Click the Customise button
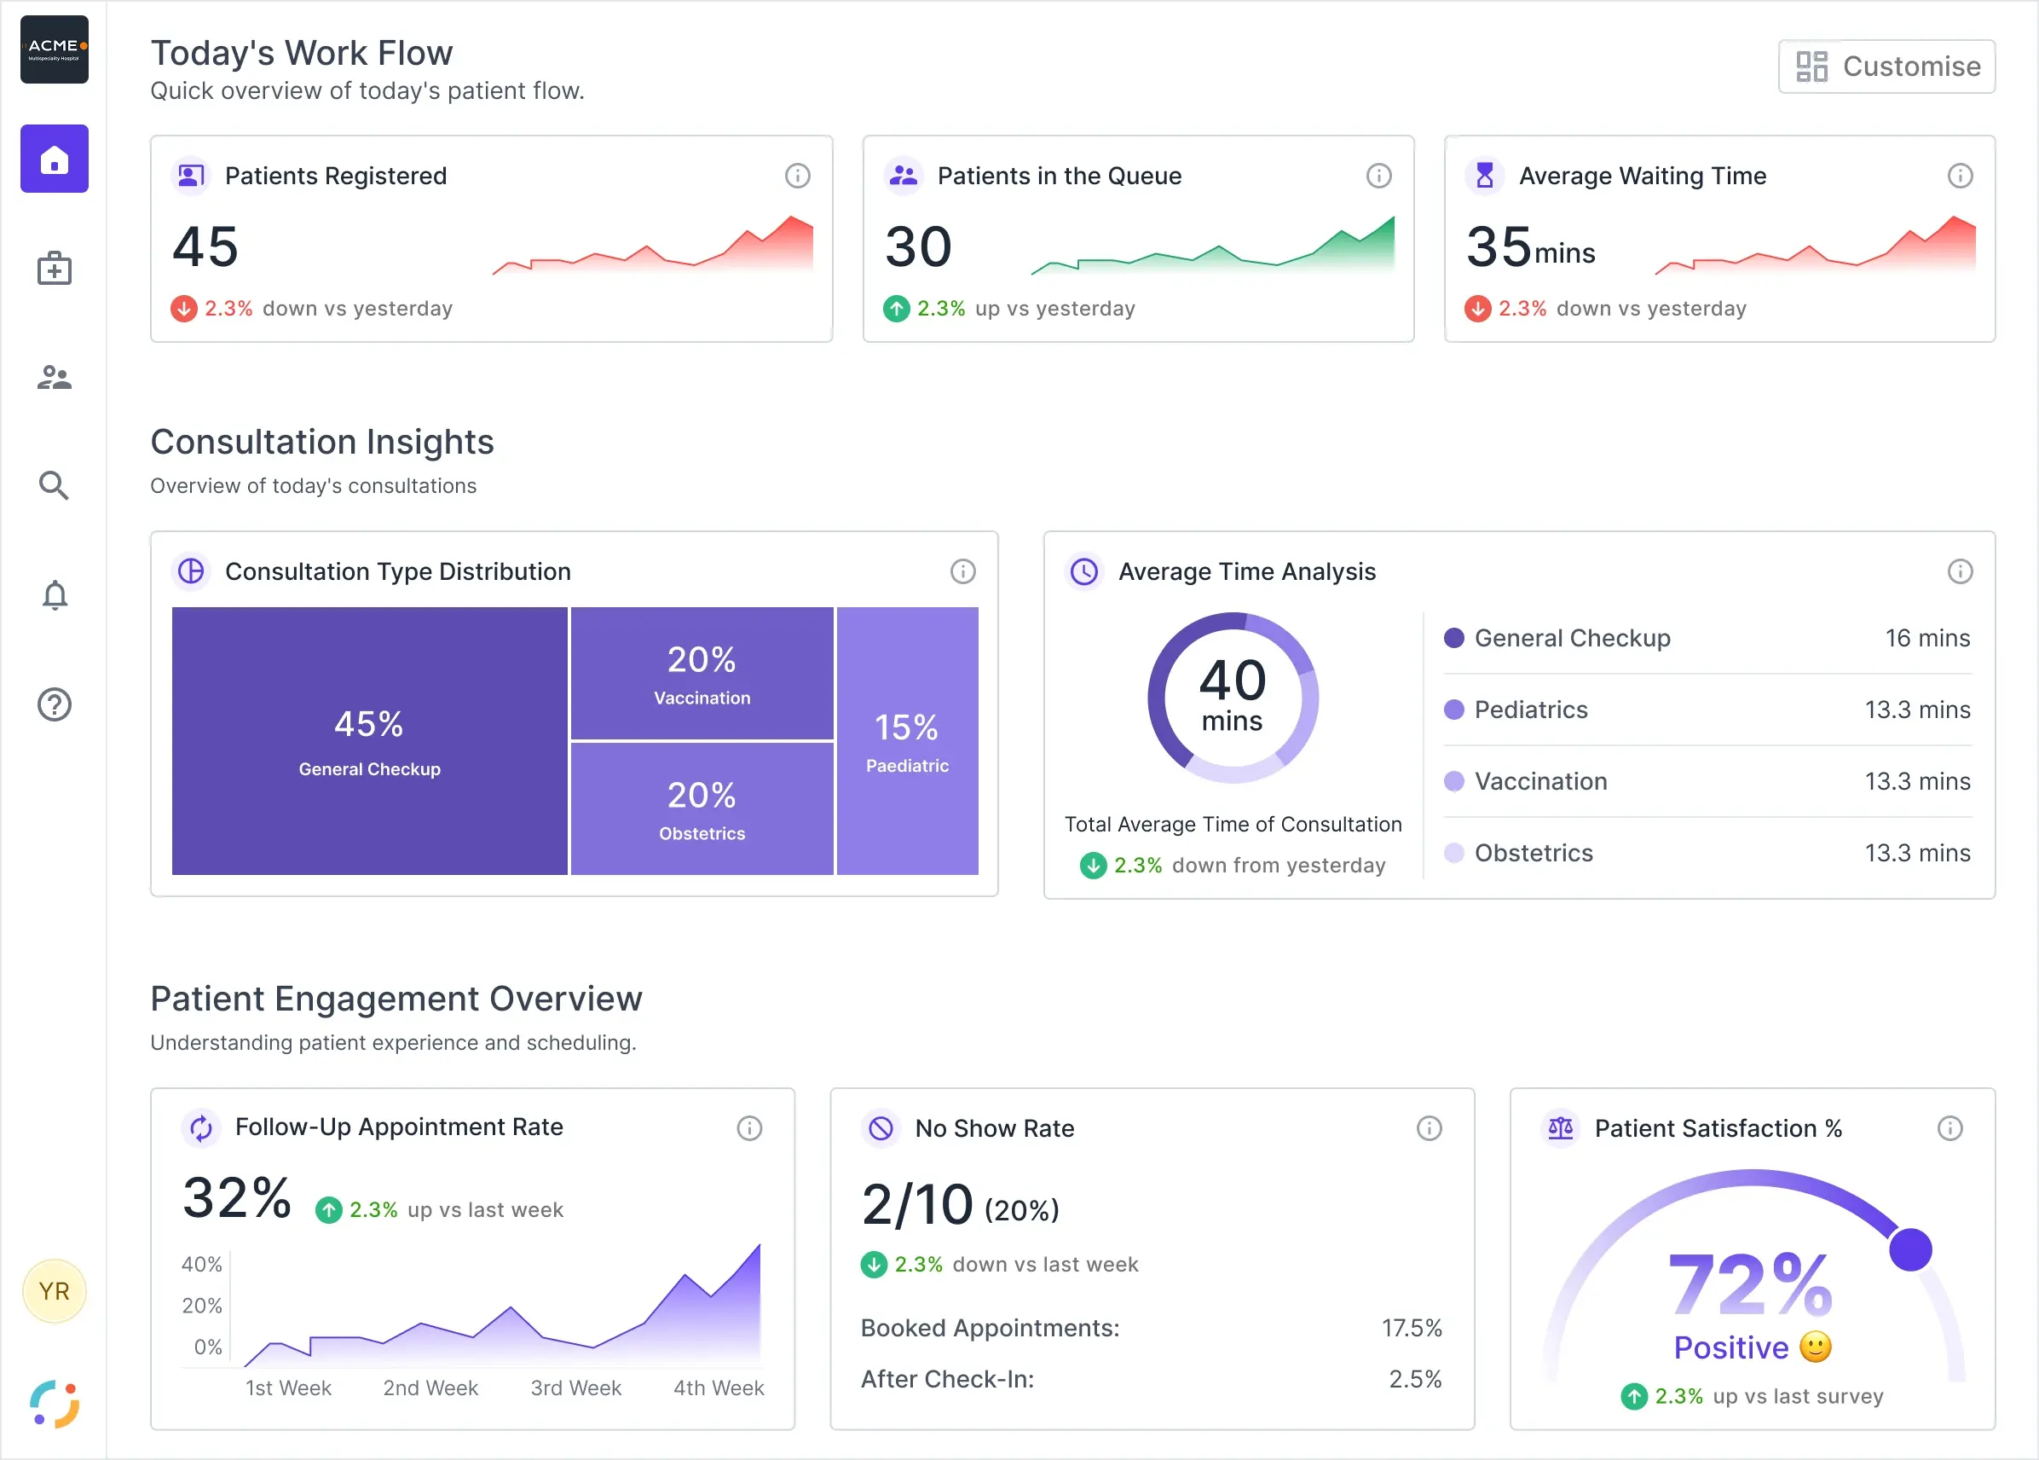pyautogui.click(x=1886, y=67)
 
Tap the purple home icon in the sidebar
pyautogui.click(x=55, y=159)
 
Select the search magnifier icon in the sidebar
pyautogui.click(x=54, y=485)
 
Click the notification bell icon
pyautogui.click(x=55, y=595)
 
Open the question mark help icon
pyautogui.click(x=55, y=704)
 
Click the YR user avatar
pyautogui.click(x=54, y=1291)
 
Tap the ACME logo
pyautogui.click(x=55, y=49)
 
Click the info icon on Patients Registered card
pyautogui.click(x=797, y=176)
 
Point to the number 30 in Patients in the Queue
pyautogui.click(x=917, y=246)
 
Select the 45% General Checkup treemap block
pyautogui.click(x=369, y=741)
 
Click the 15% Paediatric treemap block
pyautogui.click(x=908, y=741)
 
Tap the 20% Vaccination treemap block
pyautogui.click(x=702, y=674)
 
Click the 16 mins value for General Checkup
pyautogui.click(x=1927, y=638)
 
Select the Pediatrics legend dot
pyautogui.click(x=1454, y=710)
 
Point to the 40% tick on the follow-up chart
pyautogui.click(x=202, y=1264)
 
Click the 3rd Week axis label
pyautogui.click(x=576, y=1388)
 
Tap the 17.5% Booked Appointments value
pyautogui.click(x=1412, y=1328)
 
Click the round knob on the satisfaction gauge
pyautogui.click(x=1910, y=1249)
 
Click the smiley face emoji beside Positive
pyautogui.click(x=1816, y=1347)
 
